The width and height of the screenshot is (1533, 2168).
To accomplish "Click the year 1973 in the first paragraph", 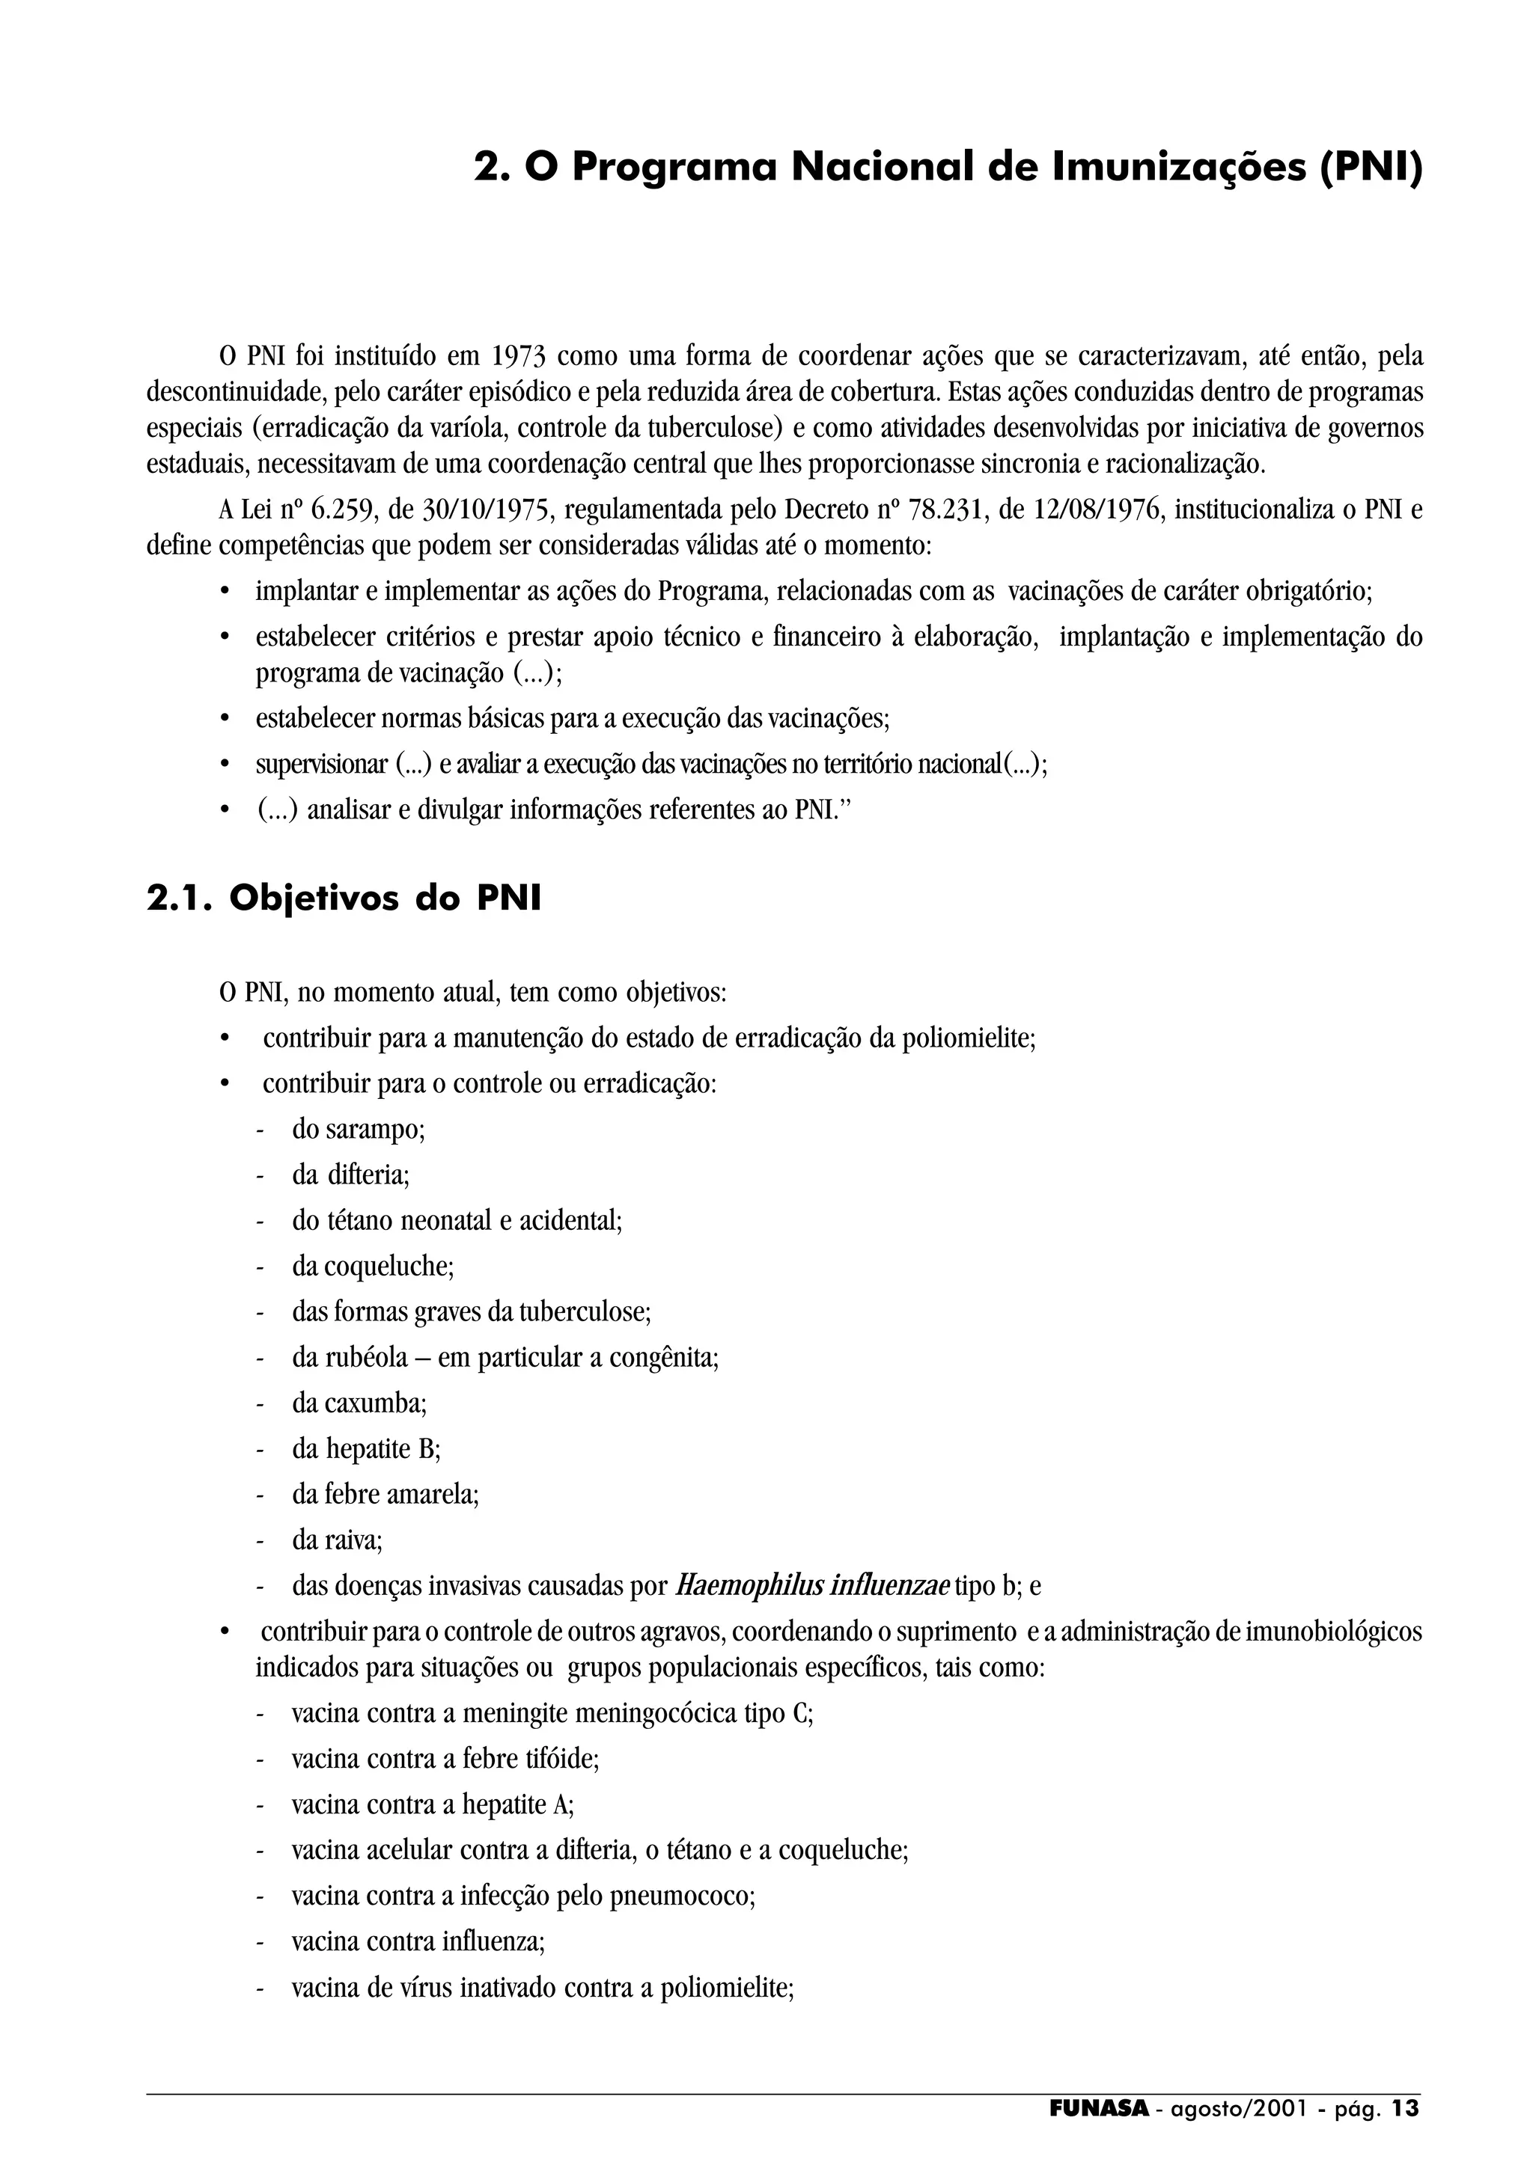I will coord(517,357).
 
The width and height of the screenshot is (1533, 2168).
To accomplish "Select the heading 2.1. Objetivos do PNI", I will coord(344,898).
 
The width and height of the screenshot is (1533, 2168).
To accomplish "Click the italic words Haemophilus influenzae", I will coord(812,1585).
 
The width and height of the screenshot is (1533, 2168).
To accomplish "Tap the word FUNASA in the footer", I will coord(1099,2108).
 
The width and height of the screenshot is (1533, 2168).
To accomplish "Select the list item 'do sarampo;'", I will coord(358,1130).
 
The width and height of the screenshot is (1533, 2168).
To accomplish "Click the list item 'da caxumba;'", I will coord(359,1403).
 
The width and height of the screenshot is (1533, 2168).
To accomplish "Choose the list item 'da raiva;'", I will coord(337,1540).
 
